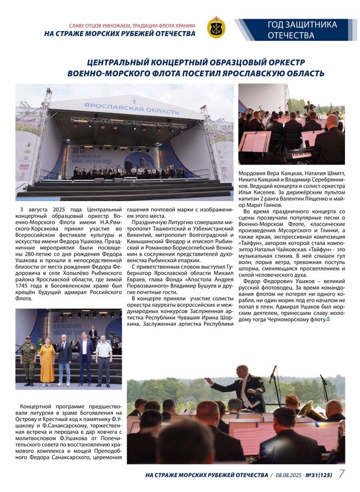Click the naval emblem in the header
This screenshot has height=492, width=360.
point(216,28)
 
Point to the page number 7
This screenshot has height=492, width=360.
point(341,474)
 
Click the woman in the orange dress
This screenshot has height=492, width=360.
point(47,361)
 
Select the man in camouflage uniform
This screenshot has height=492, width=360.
point(28,359)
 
